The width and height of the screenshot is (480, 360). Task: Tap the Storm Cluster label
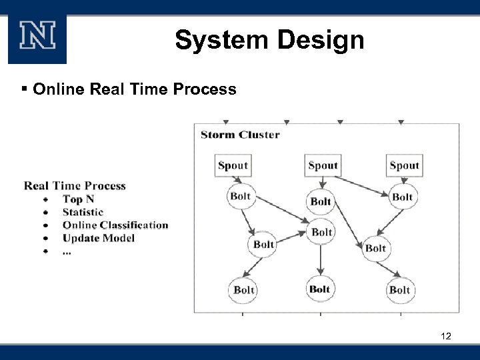pyautogui.click(x=240, y=135)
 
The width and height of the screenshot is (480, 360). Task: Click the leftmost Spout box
pyautogui.click(x=233, y=165)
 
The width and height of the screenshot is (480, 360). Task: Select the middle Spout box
pyautogui.click(x=323, y=165)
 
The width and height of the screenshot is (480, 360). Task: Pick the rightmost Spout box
pyautogui.click(x=404, y=165)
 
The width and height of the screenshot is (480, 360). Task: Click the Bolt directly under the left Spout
pyautogui.click(x=240, y=196)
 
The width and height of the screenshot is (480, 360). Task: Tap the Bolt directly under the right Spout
pyautogui.click(x=402, y=197)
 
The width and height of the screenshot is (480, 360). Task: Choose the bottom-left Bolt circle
pyautogui.click(x=244, y=289)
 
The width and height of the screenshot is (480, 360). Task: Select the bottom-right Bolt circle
pyautogui.click(x=399, y=289)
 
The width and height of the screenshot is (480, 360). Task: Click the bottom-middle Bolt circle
pyautogui.click(x=320, y=289)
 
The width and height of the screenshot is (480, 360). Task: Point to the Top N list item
pyautogui.click(x=78, y=199)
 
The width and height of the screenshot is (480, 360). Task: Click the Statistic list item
pyautogui.click(x=83, y=212)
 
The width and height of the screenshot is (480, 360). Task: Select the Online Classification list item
pyautogui.click(x=115, y=225)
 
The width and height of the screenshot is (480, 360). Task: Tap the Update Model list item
pyautogui.click(x=98, y=238)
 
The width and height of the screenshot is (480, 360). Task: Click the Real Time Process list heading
pyautogui.click(x=75, y=186)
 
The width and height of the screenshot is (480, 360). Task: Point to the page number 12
pyautogui.click(x=446, y=336)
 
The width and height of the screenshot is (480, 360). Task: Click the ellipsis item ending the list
pyautogui.click(x=67, y=251)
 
